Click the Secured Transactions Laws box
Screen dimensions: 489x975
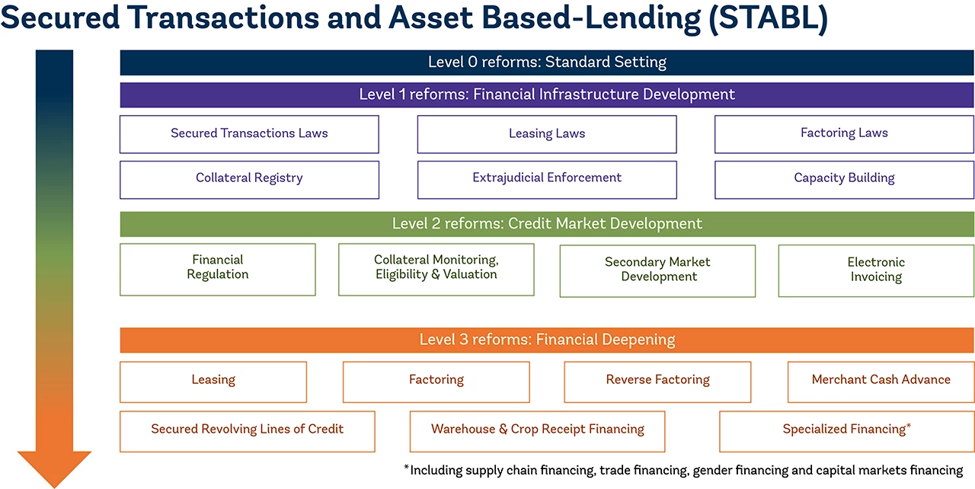[x=249, y=134]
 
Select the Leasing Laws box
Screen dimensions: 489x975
[x=547, y=134]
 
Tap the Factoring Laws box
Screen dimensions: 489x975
[x=844, y=134]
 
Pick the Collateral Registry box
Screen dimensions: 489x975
[x=249, y=179]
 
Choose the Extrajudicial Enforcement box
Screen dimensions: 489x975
[x=547, y=179]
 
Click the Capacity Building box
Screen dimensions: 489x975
[x=844, y=179]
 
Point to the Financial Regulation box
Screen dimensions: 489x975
[x=218, y=269]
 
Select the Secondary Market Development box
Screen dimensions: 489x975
[x=657, y=270]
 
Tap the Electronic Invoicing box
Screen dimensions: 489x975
[x=876, y=270]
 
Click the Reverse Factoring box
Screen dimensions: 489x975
[x=657, y=381]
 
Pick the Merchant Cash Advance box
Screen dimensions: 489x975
[x=881, y=381]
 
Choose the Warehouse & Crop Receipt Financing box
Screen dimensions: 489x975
[x=538, y=430]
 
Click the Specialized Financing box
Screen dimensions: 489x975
[x=846, y=430]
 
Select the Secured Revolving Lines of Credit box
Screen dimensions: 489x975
[x=248, y=430]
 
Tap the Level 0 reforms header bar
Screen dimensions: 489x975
[x=547, y=62]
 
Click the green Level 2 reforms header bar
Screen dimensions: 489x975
[x=547, y=224]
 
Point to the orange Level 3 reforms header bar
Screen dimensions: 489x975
[x=547, y=340]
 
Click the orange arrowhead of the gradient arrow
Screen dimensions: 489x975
[x=54, y=467]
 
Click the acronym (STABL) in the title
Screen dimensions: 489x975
[x=767, y=19]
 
